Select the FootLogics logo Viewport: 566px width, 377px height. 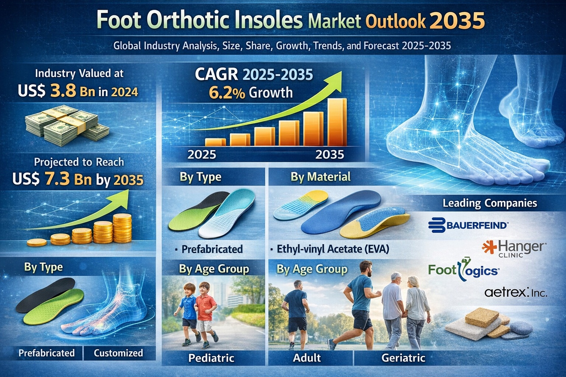(x=464, y=271)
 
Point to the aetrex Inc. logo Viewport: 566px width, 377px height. (x=516, y=292)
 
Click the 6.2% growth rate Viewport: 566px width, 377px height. (x=227, y=92)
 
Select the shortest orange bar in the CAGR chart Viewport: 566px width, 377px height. (x=215, y=142)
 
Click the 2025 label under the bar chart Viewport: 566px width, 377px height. (x=202, y=154)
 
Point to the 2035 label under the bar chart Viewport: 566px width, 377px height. (x=330, y=154)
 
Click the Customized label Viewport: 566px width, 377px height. (x=118, y=353)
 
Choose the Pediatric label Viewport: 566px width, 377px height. (x=211, y=357)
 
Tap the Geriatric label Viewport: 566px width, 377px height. (x=403, y=357)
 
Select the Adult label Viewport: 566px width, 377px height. (x=307, y=357)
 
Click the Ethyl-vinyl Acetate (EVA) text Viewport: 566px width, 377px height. (x=333, y=249)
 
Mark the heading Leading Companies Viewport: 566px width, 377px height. (x=490, y=203)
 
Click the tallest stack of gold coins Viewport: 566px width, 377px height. (x=122, y=228)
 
